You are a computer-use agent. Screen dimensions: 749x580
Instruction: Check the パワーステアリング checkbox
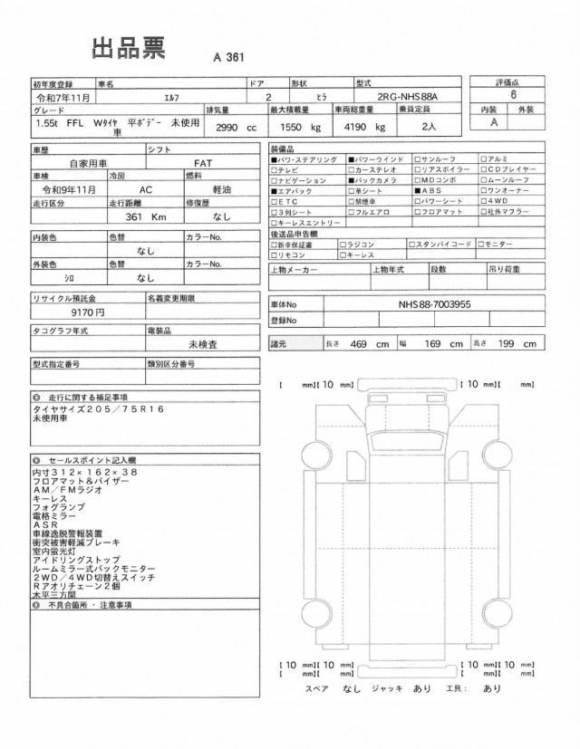(275, 159)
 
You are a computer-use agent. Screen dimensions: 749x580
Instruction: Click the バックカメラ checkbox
(352, 180)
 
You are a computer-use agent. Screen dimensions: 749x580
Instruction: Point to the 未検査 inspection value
(200, 345)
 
